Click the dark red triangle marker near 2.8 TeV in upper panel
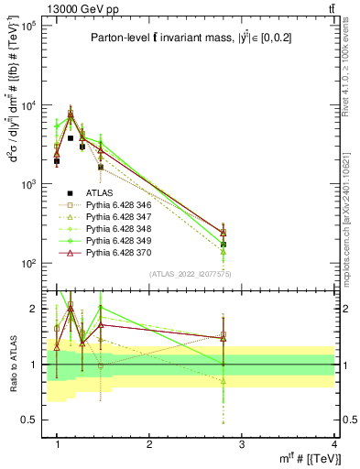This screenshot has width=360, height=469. click(224, 233)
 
